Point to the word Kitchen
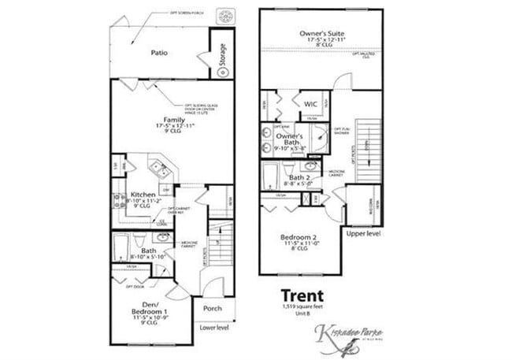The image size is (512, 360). (x=143, y=194)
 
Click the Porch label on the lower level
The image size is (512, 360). (x=213, y=308)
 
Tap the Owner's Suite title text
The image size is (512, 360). (x=321, y=33)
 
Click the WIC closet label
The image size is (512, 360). (x=310, y=103)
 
